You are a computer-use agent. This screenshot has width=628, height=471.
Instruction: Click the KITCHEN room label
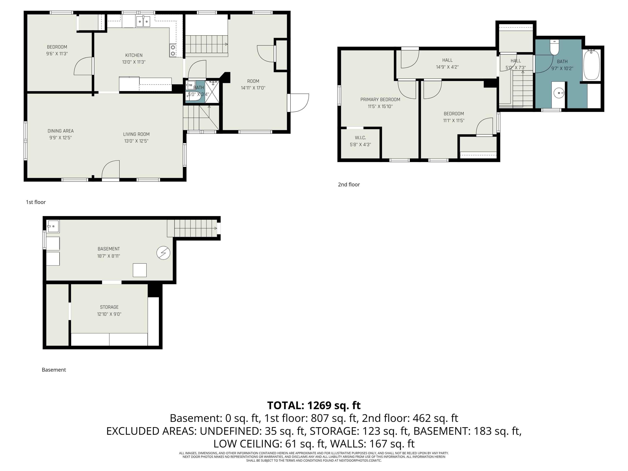click(x=134, y=55)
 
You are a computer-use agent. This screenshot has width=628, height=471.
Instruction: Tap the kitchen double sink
click(x=143, y=22)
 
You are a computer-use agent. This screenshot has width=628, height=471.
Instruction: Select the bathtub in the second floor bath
click(x=591, y=65)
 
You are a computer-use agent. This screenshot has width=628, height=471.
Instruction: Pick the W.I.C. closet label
click(x=360, y=138)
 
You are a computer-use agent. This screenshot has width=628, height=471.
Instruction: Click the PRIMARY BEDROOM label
click(x=380, y=100)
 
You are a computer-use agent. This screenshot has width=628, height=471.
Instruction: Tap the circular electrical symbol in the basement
click(x=163, y=253)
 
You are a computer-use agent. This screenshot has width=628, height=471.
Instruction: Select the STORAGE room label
click(x=109, y=307)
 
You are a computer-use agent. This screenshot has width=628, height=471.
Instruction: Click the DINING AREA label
click(x=60, y=131)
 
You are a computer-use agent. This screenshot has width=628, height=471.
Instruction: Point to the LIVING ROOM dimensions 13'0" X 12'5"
click(x=136, y=141)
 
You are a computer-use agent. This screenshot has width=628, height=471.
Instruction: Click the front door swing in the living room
click(x=111, y=170)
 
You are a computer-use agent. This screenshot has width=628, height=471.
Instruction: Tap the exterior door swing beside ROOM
click(x=298, y=103)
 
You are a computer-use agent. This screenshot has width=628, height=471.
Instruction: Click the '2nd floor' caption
click(x=349, y=185)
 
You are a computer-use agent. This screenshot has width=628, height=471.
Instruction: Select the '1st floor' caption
click(x=36, y=202)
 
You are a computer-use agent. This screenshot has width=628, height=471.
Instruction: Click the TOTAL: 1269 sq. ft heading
click(x=314, y=405)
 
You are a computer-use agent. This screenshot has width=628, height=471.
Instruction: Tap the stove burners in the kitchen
click(x=173, y=50)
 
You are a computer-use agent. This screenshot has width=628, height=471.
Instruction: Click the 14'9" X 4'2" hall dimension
click(x=447, y=67)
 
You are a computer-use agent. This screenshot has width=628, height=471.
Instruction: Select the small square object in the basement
click(x=140, y=270)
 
